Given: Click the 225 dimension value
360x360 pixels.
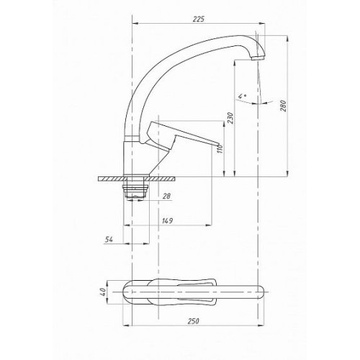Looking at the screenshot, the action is click(x=199, y=19).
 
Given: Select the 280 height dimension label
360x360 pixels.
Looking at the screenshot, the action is click(x=284, y=106).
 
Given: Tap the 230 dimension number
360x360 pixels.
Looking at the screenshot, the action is click(x=230, y=117).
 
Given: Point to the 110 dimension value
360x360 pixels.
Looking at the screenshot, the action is click(x=220, y=149).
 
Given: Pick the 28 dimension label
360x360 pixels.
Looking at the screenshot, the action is click(x=166, y=196).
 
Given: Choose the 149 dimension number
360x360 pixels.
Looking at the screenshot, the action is click(x=167, y=221).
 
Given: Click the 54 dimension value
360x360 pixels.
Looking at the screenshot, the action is click(x=109, y=239).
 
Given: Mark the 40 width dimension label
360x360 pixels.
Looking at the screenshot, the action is click(x=103, y=292).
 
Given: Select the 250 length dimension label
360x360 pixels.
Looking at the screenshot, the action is click(x=193, y=321).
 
